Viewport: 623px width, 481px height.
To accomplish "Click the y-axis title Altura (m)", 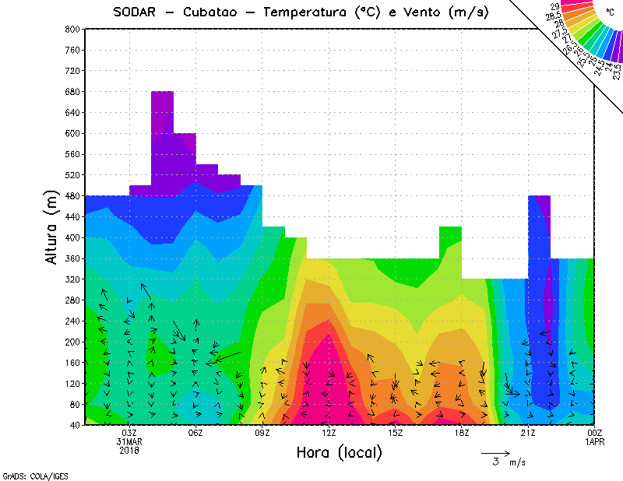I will tap(52, 226).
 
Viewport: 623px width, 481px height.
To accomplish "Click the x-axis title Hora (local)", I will tap(339, 452).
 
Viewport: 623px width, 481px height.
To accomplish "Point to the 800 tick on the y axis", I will tap(72, 29).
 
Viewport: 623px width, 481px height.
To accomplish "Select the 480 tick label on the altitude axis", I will tap(72, 196).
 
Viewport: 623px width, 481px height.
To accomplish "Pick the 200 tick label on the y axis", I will tap(72, 342).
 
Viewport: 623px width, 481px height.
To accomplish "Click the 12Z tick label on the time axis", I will tap(329, 433).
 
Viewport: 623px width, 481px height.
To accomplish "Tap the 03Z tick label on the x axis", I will tap(129, 433).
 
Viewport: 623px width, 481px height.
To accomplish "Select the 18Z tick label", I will tap(461, 433).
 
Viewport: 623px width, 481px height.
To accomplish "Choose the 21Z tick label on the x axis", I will tap(527, 433).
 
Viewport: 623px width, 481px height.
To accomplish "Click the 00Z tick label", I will tap(594, 433).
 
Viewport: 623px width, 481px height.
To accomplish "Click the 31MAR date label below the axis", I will tap(129, 441).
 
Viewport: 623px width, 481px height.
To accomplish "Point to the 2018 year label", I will tap(129, 450).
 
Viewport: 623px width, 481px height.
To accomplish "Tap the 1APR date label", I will tap(594, 441).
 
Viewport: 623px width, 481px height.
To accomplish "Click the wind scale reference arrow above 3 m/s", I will tap(495, 452).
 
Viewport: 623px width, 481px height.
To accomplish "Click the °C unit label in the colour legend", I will tap(610, 12).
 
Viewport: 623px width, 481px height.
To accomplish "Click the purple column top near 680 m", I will tap(162, 93).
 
